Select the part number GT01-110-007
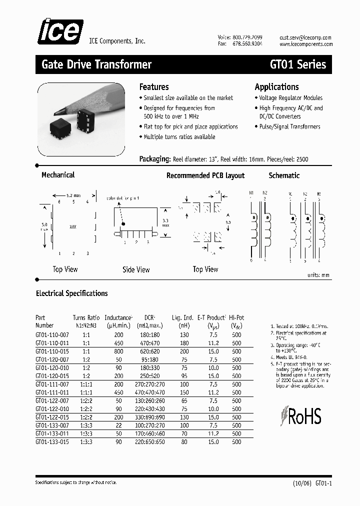coord(52,335)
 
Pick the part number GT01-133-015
coord(52,442)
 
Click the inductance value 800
coord(118,351)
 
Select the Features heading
coord(154,87)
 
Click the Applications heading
coord(276,87)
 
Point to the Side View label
coord(136,269)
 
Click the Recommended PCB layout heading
coord(205,175)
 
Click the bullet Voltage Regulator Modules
coord(291,98)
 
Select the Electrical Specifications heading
coord(72,293)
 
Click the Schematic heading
coord(284,175)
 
